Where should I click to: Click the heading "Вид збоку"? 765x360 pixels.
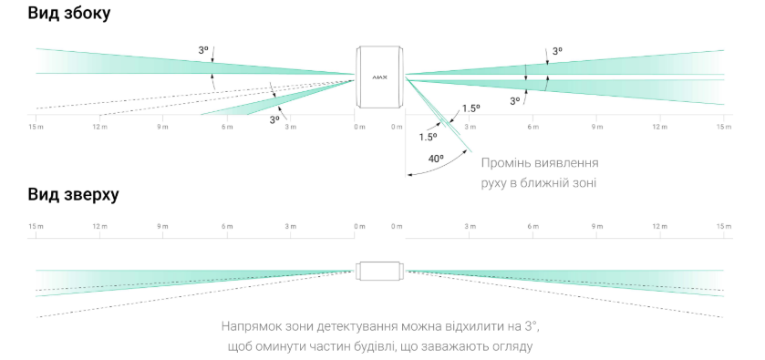point(68,13)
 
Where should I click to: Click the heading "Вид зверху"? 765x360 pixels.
point(73,195)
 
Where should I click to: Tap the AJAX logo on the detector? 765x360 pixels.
point(380,77)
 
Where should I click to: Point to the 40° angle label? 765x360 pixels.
point(436,159)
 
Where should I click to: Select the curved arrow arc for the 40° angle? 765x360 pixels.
point(441,168)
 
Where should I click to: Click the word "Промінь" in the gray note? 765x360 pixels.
point(506,162)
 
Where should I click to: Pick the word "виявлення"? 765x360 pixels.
point(567,162)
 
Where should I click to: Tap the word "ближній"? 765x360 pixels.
point(550,183)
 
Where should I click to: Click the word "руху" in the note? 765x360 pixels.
point(495,184)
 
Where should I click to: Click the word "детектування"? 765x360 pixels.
point(357,326)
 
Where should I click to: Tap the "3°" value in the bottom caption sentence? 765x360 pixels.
point(532,325)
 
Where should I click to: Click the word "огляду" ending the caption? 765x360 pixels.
point(512,348)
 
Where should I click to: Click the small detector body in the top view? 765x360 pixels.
point(380,271)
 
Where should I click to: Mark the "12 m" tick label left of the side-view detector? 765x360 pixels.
point(100,127)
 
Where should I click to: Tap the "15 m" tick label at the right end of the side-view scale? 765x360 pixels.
point(724,127)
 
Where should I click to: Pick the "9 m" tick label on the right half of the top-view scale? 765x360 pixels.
point(597,226)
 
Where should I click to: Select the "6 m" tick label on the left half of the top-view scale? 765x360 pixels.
point(227,226)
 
